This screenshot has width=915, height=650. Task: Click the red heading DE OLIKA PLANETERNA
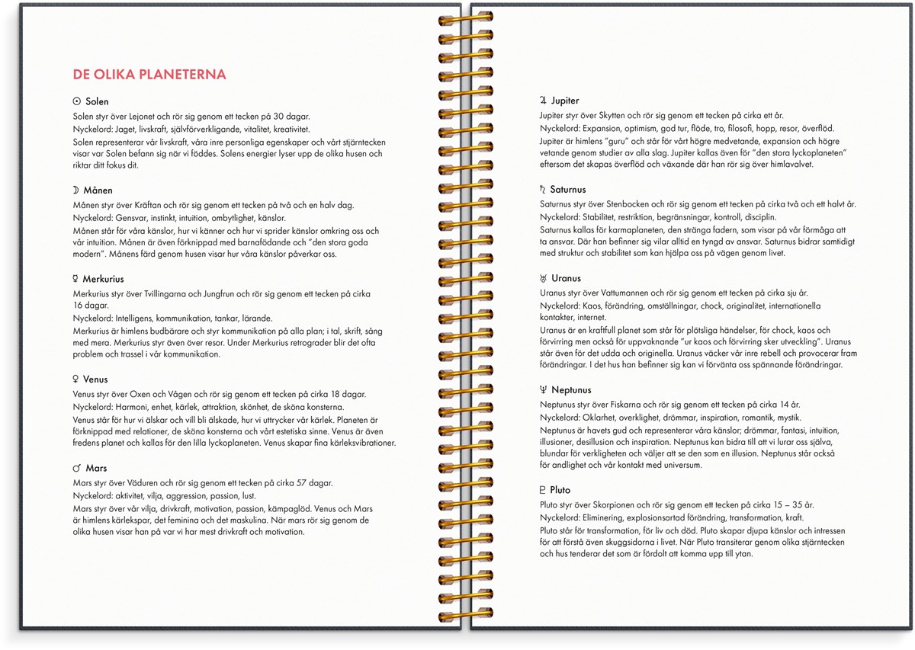149,75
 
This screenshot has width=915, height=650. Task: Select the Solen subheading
97,101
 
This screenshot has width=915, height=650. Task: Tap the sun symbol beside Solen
76,101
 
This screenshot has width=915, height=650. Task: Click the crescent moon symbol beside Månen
76,191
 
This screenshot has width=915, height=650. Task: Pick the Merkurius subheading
104,280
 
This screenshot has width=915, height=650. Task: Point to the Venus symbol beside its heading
76,379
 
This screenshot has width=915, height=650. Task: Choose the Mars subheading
96,469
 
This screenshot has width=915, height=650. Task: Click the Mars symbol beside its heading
76,469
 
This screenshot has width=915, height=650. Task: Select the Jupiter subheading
565,101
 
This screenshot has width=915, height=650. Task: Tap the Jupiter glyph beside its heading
543,101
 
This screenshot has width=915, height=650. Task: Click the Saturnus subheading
568,190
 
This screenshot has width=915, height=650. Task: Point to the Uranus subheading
566,279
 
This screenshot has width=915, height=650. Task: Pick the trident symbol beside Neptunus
543,390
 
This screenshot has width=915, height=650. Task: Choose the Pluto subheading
560,490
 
